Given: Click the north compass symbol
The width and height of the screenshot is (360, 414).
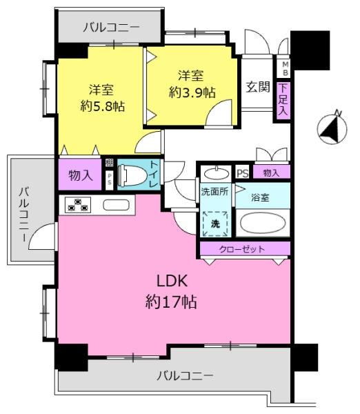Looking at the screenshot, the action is pos(332,128).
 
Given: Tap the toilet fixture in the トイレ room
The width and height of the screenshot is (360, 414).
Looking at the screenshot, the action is pos(131,175).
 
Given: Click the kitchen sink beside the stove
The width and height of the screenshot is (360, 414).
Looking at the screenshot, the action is pos(116,205).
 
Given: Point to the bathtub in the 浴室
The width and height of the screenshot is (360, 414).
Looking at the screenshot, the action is pos(263,223).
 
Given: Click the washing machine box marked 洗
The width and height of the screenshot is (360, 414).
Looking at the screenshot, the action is pos(215,224).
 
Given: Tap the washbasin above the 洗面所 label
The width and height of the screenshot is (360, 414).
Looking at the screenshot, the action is pos(217,173).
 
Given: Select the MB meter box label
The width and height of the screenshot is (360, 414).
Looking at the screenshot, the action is pos(286,68).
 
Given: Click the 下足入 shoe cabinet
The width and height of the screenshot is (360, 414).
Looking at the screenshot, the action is pos(283,99).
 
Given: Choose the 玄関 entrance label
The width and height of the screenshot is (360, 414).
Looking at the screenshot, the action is pos(258,87).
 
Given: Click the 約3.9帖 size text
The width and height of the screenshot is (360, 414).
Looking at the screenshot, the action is pos(192,92).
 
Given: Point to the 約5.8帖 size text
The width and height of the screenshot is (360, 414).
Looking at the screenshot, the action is pos(103,106).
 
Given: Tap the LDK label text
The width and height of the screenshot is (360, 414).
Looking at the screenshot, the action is pos(172,281).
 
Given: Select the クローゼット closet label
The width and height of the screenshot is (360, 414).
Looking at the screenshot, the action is pos(242,249).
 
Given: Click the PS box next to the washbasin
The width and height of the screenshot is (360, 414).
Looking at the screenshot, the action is pos(243,173).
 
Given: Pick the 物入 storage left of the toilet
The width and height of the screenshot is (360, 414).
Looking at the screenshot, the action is pos(80,175).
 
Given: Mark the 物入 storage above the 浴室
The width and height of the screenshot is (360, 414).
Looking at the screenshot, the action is pos(271,173).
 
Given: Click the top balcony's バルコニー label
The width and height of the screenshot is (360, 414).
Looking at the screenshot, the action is pos(111,28).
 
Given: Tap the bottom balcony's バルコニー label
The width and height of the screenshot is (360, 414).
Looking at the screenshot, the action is pos(185,375).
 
